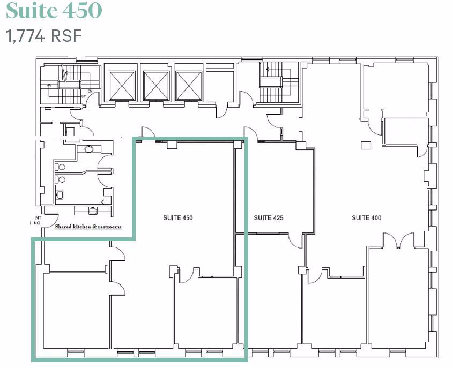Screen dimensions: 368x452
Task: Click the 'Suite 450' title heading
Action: click(54, 11)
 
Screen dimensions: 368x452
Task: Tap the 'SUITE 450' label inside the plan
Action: click(177, 218)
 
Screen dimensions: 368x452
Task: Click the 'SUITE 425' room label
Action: click(268, 218)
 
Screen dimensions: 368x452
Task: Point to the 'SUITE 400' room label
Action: click(367, 218)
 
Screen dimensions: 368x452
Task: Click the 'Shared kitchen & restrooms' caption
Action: click(88, 227)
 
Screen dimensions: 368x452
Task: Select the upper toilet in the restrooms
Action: click(61, 167)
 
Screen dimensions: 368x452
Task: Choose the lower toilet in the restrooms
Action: click(61, 179)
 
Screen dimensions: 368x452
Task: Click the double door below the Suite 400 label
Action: click(397, 242)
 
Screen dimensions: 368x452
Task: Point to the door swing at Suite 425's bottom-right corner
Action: click(295, 241)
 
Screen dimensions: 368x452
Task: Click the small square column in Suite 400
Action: click(367, 145)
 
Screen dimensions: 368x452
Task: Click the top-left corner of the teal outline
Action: click(134, 139)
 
